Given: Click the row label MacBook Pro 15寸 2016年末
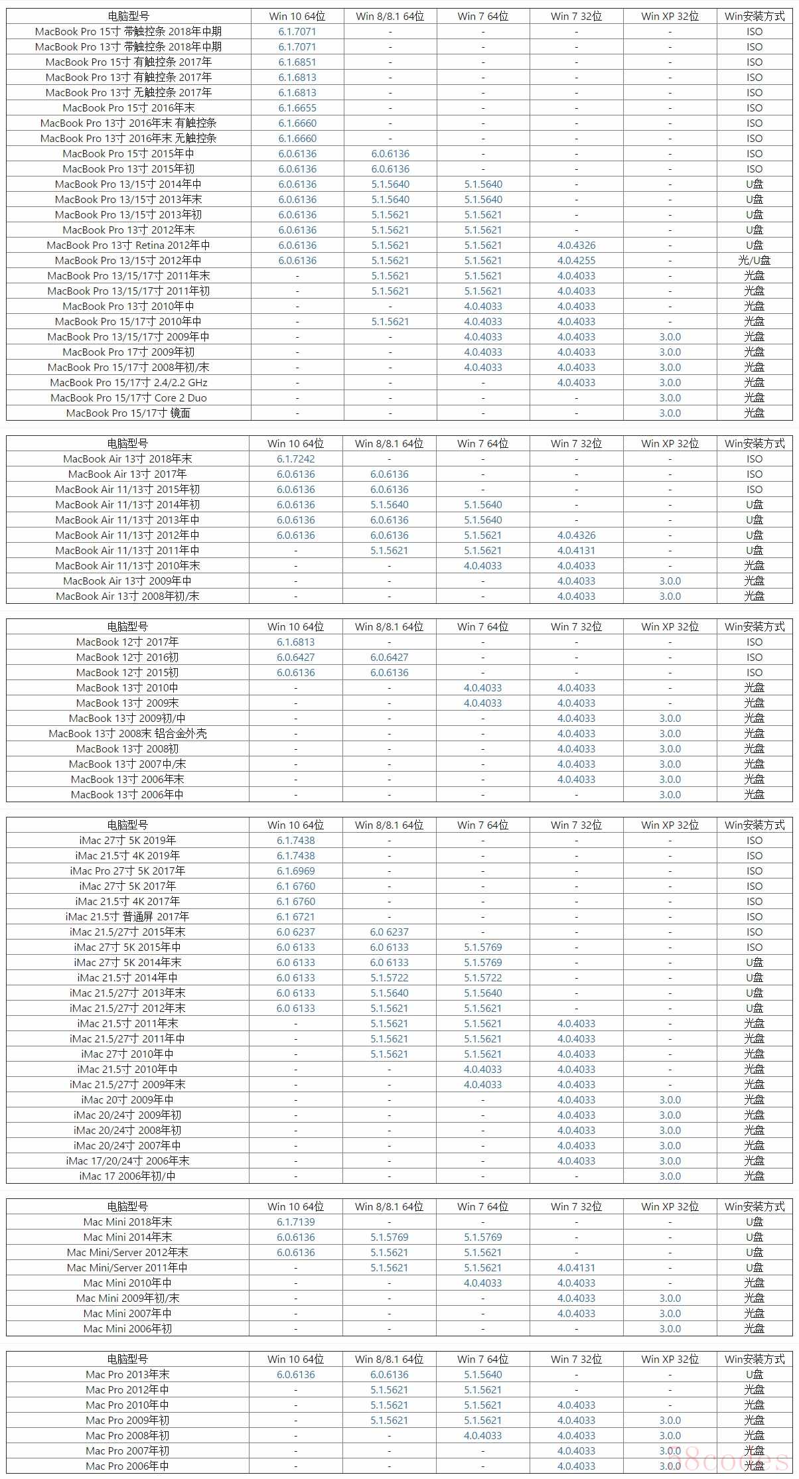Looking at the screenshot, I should point(128,107).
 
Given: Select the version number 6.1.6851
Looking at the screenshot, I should point(297,62).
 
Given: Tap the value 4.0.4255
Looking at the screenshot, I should point(576,261).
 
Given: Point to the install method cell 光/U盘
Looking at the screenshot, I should point(754,261).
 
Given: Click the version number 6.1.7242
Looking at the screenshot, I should point(296,459).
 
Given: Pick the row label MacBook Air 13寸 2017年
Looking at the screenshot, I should point(127,474).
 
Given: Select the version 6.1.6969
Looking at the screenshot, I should point(296,871).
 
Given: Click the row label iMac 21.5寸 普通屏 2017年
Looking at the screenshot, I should point(127,917).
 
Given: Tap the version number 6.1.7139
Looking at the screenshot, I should point(296,1222).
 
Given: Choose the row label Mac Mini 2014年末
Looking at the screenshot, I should point(127,1237).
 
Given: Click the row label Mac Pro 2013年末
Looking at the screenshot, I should point(127,1375).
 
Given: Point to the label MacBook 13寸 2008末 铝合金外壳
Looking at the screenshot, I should point(127,734).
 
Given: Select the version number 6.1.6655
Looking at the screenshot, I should point(297,107).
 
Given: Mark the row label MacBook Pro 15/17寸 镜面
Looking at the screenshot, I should point(128,413).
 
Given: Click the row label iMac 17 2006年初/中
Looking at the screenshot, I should point(127,1176).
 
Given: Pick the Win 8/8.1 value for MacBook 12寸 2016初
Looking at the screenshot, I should point(390,658).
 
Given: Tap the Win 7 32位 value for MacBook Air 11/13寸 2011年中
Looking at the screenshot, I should point(576,551).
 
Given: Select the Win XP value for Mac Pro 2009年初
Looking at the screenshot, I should point(670,1421).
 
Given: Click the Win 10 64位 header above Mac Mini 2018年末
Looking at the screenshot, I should point(296,1207).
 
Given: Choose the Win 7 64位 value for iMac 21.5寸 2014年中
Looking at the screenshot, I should point(483,978).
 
